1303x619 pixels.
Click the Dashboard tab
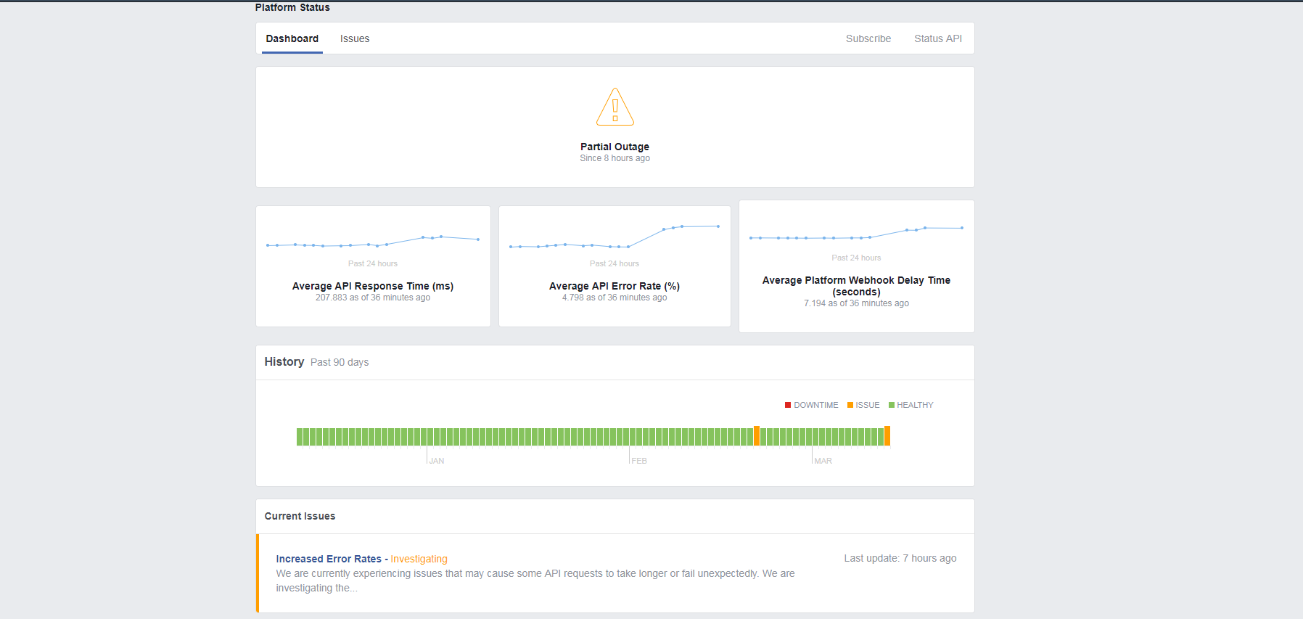pos(292,38)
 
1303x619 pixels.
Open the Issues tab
pos(355,38)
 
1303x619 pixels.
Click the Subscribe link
pos(868,38)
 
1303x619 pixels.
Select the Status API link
pos(937,38)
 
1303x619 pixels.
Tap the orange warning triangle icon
pos(615,107)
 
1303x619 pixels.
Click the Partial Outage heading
pos(614,147)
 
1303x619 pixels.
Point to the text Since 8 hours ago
pos(614,158)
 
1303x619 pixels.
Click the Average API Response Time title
pos(373,286)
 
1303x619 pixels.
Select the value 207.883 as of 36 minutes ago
pos(373,298)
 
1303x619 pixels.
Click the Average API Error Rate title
pos(614,286)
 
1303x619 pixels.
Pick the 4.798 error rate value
pos(614,298)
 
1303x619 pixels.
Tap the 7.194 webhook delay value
pos(856,303)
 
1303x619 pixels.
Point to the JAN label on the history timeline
pos(437,461)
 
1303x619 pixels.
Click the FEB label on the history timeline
pos(639,461)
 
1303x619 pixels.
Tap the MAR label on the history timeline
pos(823,461)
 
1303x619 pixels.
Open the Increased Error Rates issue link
pos(329,559)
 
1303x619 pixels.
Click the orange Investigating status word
pos(419,559)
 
